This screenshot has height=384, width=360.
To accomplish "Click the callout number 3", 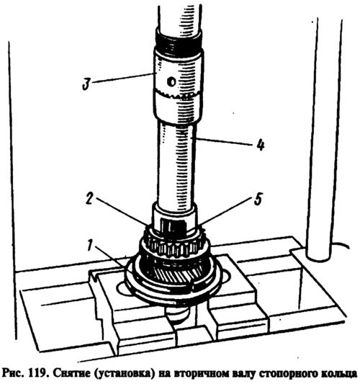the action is tap(86, 84).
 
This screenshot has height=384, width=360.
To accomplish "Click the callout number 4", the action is tap(261, 145).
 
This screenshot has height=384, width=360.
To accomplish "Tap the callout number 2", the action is tap(89, 200).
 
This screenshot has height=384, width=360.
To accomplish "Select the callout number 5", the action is tap(258, 199).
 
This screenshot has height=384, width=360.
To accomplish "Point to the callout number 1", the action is tap(90, 245).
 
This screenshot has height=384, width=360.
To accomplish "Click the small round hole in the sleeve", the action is tap(171, 81).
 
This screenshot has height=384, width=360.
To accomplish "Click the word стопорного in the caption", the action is tap(288, 374).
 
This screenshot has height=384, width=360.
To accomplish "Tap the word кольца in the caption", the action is tap(339, 374).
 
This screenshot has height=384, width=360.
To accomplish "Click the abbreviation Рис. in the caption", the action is tap(13, 374).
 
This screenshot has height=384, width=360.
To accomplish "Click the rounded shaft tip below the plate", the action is tap(176, 313).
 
